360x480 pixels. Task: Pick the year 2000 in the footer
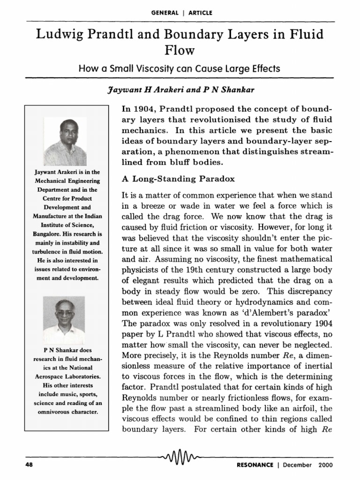tap(325, 465)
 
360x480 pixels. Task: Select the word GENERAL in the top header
tap(165, 13)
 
